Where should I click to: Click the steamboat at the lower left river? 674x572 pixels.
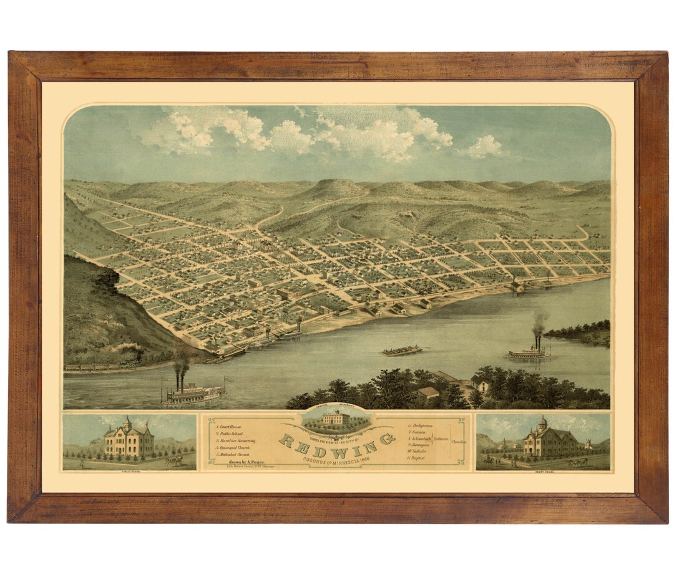pyautogui.click(x=193, y=393)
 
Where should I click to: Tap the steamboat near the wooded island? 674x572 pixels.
pyautogui.click(x=529, y=352)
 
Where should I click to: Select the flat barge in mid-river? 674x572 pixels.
pyautogui.click(x=401, y=351)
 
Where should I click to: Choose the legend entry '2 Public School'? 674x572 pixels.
pyautogui.click(x=232, y=432)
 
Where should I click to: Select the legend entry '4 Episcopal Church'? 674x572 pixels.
pyautogui.click(x=237, y=448)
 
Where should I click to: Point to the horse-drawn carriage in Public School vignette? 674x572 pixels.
pyautogui.click(x=174, y=460)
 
